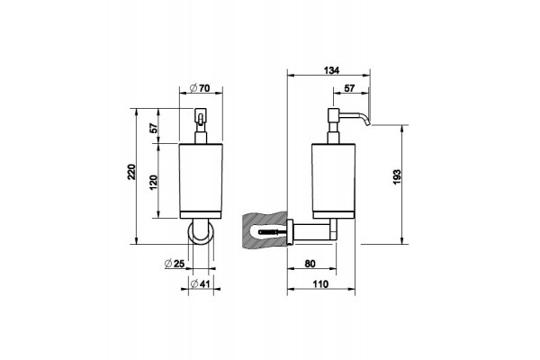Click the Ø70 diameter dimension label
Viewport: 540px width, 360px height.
(x=200, y=88)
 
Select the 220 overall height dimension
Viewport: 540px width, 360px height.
(x=132, y=171)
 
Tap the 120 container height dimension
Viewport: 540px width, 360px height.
(x=154, y=182)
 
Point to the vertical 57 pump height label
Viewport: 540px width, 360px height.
(x=154, y=128)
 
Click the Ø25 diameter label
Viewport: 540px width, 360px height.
(x=175, y=264)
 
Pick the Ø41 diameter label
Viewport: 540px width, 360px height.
(x=200, y=283)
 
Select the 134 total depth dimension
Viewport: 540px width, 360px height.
(x=331, y=70)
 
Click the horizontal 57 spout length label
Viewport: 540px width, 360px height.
(x=349, y=88)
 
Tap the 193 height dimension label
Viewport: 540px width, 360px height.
(x=397, y=176)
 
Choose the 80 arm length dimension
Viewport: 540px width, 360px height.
(x=310, y=264)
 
